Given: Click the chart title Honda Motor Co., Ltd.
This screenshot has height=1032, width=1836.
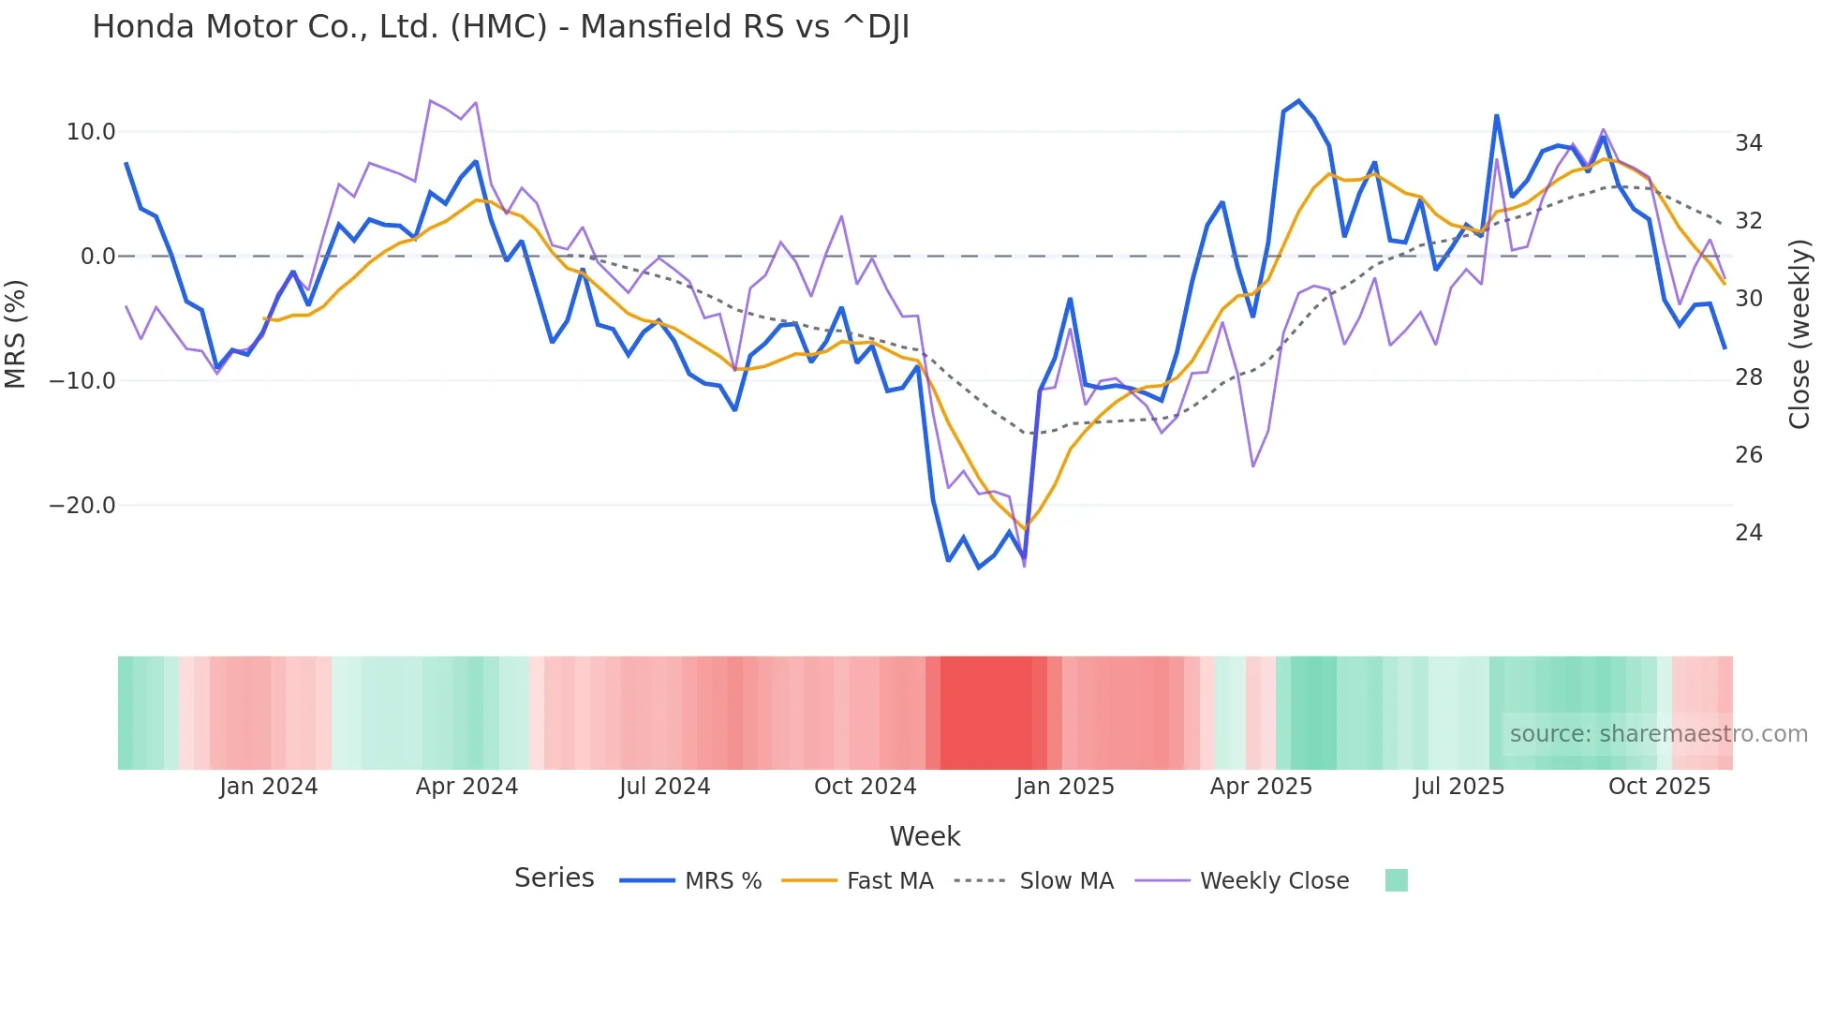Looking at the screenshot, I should point(500,27).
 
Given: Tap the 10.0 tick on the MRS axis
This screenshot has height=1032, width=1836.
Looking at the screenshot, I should point(91,132).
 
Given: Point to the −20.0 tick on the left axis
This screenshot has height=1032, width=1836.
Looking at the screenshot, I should point(82,506).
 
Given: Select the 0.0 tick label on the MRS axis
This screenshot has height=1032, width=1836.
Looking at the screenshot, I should point(97,257).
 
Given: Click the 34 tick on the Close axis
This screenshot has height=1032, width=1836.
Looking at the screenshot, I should point(1748,143).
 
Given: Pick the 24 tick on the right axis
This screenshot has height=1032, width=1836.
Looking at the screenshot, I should point(1748,533).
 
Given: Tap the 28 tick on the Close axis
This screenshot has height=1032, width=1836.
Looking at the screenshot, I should point(1748,377).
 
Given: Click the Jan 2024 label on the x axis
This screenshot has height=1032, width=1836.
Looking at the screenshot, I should point(269,787).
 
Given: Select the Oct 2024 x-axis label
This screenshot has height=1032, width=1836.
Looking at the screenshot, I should point(865,787).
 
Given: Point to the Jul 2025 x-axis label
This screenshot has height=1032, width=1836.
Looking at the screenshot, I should point(1458,787).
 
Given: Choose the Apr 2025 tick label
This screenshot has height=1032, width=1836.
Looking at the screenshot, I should point(1261,787).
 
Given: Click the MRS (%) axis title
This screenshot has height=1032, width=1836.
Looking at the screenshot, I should point(15,333).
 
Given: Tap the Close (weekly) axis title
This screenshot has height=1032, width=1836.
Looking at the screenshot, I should point(1799,334).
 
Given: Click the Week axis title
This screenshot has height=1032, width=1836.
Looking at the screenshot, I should point(925,836).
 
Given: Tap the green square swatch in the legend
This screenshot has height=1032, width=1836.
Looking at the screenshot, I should point(1396,880).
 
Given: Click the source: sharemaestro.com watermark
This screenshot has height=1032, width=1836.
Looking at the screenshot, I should point(1658,734).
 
